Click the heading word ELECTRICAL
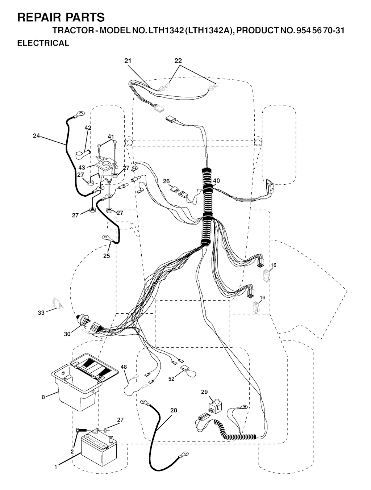point(43,43)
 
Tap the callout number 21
point(128,61)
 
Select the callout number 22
point(178,61)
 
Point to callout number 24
point(36,135)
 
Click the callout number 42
point(88,128)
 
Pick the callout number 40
point(216,181)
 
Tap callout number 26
point(166,181)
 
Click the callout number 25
point(107,256)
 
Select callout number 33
point(41,313)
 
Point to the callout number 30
point(67,334)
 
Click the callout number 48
point(124,367)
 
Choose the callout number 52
point(171,379)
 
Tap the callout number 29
point(204,392)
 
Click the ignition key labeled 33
point(57,303)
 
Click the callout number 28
point(174,410)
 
